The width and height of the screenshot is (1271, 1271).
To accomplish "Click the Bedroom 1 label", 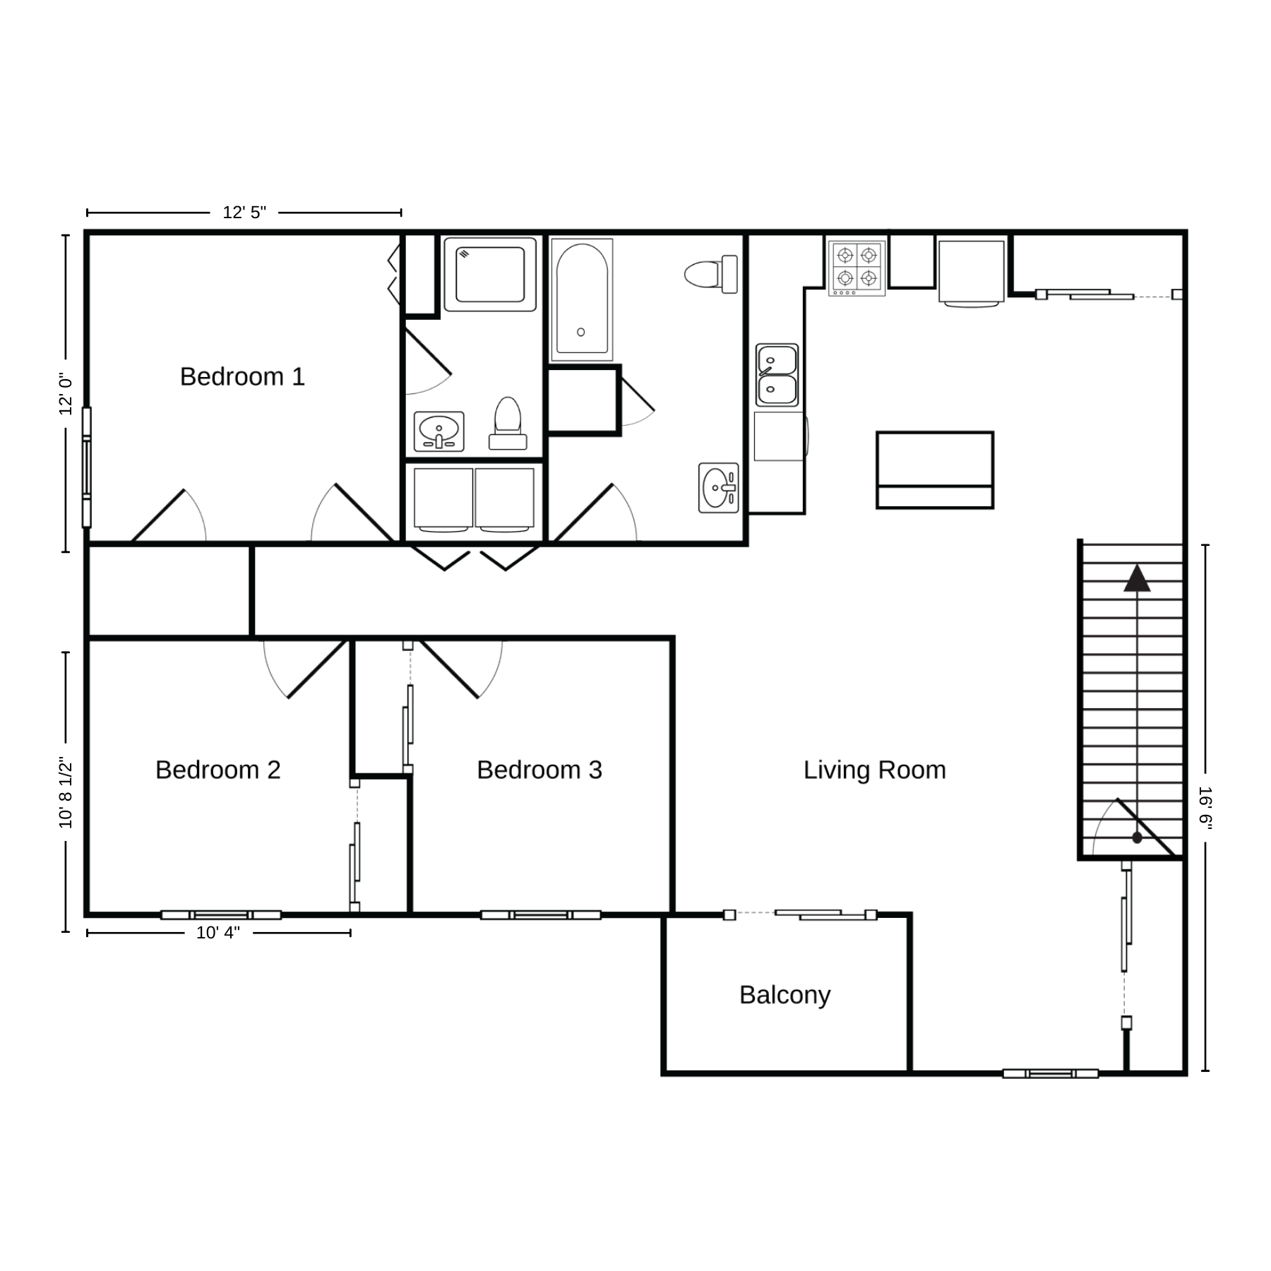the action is tap(242, 376).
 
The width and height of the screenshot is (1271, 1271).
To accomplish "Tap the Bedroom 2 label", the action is tap(218, 770).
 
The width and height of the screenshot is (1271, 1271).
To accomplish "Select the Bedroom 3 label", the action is tap(539, 770).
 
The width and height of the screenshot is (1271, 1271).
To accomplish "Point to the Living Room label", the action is tap(875, 770).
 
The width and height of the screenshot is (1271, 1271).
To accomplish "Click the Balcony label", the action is tap(785, 995).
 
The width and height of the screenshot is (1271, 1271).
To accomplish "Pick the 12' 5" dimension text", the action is tap(244, 213).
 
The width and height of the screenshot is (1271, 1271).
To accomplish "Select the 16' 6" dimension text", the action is tap(1205, 808).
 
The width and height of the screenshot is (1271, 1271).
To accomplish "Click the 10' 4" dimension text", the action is tap(218, 933).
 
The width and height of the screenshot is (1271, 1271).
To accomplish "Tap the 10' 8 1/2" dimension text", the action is tap(66, 793).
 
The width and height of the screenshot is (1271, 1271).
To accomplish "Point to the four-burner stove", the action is tap(857, 268).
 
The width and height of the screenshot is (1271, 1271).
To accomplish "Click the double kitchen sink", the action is tap(777, 375).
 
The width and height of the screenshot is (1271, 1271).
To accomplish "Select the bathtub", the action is tap(582, 299).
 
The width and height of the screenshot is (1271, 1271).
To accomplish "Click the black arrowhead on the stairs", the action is tap(1137, 578).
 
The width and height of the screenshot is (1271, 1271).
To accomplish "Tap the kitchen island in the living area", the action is tap(935, 470).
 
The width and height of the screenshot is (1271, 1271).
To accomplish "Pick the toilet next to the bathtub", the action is tap(711, 274).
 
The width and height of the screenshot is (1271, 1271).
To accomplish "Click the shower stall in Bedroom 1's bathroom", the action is tap(489, 274).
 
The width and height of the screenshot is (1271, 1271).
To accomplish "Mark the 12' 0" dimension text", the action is tap(66, 394).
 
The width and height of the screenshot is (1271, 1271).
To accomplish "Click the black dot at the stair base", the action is tap(1137, 838).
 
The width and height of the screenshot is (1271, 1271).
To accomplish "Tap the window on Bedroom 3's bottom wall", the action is tap(541, 915).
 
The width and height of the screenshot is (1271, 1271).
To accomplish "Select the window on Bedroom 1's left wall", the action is tap(87, 467).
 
